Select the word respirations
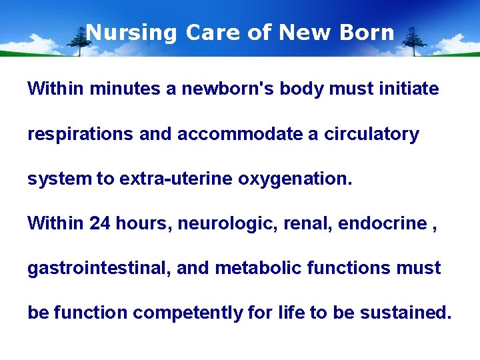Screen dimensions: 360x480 pos(80,134)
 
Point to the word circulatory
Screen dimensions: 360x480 pos(371,134)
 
